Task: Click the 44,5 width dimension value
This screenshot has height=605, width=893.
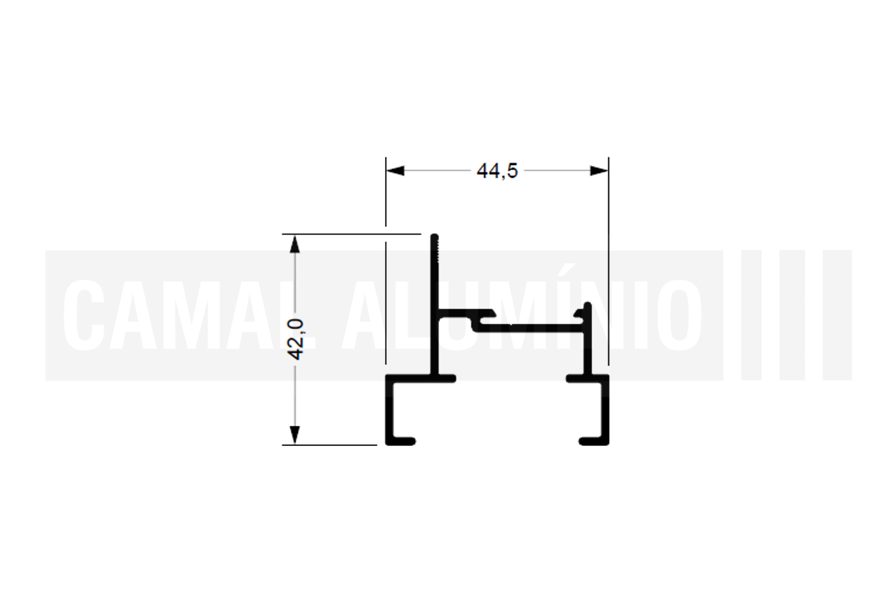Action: [x=497, y=171]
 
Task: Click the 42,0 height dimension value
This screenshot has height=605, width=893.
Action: [x=296, y=340]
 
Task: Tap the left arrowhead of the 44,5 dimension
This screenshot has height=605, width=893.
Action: [x=396, y=171]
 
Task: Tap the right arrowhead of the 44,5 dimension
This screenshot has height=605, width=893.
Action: [x=599, y=171]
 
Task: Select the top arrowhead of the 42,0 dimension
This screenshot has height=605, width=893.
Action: [x=294, y=244]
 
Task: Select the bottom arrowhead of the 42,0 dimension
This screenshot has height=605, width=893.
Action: [x=294, y=435]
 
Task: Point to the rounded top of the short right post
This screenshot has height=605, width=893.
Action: [x=587, y=305]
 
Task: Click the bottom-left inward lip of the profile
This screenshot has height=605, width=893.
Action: [x=401, y=441]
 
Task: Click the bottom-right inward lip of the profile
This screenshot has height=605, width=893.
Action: [x=593, y=441]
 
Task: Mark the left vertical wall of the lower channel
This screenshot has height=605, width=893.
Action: [x=390, y=410]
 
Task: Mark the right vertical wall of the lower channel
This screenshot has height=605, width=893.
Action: [x=605, y=410]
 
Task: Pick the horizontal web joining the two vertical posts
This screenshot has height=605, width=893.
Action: [x=530, y=328]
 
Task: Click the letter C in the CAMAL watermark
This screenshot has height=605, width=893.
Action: [x=84, y=316]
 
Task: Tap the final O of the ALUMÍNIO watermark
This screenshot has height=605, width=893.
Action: [x=681, y=316]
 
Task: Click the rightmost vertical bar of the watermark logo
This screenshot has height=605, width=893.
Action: [x=837, y=315]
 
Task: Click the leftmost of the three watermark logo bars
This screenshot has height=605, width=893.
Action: [x=751, y=315]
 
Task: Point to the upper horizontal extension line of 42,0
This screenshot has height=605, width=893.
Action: [x=351, y=234]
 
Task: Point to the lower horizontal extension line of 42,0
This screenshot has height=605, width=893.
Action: [x=329, y=444]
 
